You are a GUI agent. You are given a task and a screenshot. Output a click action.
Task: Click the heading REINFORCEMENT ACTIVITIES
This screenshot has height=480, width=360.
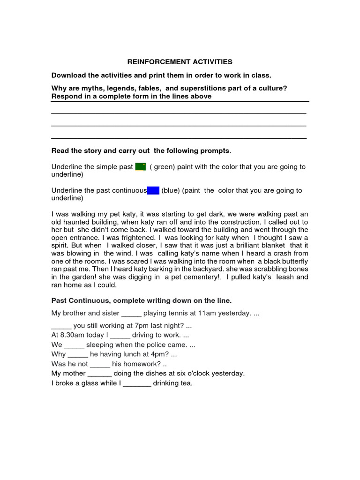tap(180, 62)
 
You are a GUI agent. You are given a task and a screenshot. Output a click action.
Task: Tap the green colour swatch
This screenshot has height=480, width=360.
tap(140, 167)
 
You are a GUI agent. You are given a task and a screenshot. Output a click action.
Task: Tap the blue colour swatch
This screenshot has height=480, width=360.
tap(153, 190)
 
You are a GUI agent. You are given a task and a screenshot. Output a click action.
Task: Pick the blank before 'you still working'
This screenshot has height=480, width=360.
tap(61, 325)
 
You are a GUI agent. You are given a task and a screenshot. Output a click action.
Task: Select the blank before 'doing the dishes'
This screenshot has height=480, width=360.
tap(99, 374)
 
